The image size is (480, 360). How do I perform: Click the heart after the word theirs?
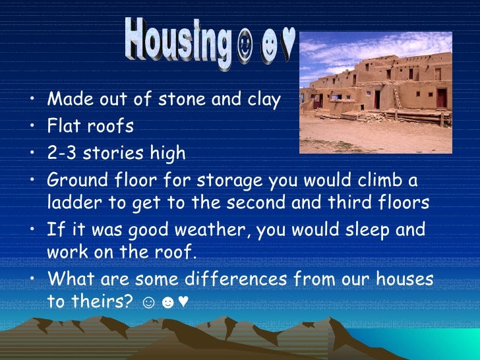[x=183, y=302]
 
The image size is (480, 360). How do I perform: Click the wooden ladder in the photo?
[x=397, y=99]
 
